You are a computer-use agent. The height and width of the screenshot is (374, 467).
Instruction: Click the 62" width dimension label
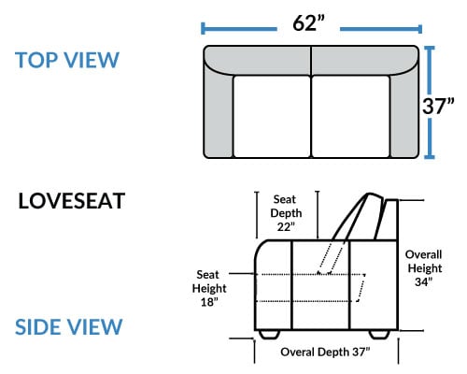(x=308, y=23)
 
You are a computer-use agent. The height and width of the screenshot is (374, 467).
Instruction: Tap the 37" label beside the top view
(x=438, y=106)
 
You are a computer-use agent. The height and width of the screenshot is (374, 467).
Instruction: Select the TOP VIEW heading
(x=67, y=60)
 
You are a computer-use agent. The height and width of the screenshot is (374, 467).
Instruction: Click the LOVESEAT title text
(x=72, y=201)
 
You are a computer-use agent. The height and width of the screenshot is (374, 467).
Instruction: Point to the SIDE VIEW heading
(x=68, y=327)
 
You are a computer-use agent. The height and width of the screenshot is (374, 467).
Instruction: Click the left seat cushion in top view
(x=272, y=116)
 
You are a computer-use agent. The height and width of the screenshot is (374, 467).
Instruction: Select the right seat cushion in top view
(x=351, y=116)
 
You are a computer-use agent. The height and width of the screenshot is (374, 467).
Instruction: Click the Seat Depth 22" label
(x=286, y=213)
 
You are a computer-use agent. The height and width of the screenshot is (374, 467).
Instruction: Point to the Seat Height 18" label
(x=209, y=288)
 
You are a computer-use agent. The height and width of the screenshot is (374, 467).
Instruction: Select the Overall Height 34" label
(x=423, y=268)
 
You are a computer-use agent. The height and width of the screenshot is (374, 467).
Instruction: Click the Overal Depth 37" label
(x=325, y=352)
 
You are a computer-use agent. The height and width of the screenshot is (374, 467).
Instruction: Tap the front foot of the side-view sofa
(x=269, y=335)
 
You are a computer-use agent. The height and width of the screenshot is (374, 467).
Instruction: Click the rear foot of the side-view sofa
(x=379, y=335)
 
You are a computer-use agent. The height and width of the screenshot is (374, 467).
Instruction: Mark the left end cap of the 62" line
(x=203, y=28)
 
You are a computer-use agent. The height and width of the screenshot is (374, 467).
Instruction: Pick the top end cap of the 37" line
(x=430, y=48)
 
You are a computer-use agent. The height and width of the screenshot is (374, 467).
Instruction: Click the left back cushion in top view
(x=257, y=60)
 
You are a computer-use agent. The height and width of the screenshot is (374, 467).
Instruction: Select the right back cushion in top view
(x=365, y=60)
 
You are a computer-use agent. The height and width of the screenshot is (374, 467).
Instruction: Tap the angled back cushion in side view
(x=358, y=217)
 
